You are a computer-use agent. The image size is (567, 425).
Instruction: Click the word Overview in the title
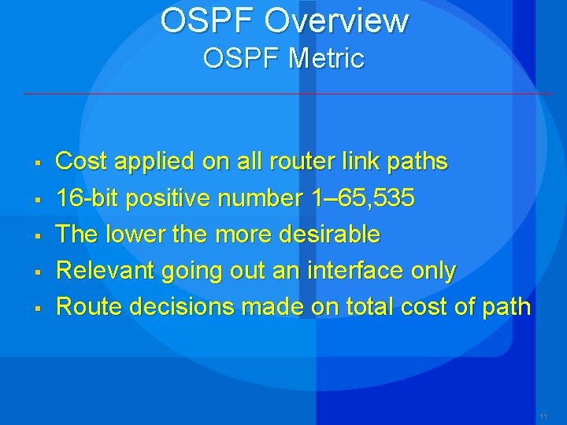336,21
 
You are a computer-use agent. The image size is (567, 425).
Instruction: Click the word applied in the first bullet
154,162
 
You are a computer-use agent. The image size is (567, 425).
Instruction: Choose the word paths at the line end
417,162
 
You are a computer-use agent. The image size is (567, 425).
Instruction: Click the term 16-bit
87,198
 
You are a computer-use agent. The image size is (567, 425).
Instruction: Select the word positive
168,198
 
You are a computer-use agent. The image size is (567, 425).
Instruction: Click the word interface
354,271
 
